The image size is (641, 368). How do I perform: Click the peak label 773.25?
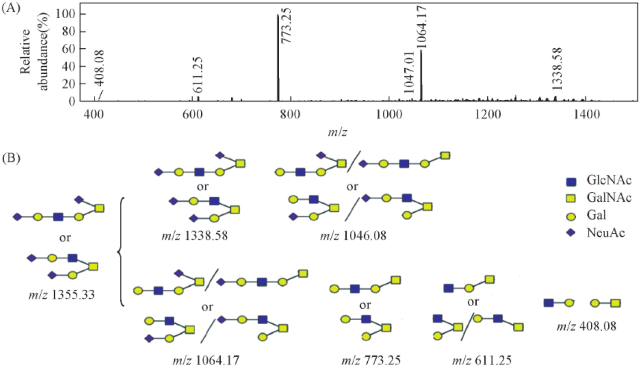(286, 26)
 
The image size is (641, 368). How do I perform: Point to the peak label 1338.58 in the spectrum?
(557, 68)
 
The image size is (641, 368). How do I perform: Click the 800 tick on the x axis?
(290, 112)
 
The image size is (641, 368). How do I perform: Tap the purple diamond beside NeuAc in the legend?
(570, 233)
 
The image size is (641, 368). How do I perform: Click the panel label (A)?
(10, 9)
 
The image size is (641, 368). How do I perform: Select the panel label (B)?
(10, 158)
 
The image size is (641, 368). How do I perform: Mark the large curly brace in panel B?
(121, 250)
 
